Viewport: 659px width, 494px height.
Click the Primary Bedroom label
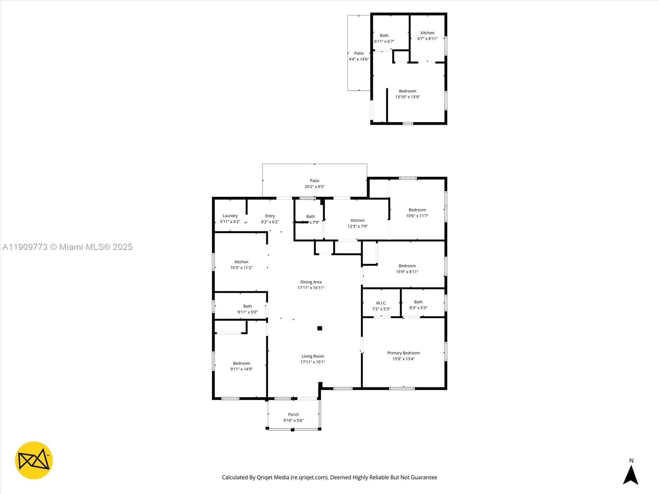(403, 353)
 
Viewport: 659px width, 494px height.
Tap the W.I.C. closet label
(381, 303)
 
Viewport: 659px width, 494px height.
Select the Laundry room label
(230, 216)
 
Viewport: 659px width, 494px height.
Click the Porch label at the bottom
(293, 415)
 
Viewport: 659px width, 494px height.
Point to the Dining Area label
(311, 282)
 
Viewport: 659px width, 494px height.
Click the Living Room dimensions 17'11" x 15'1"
(313, 362)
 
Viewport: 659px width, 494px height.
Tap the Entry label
(270, 216)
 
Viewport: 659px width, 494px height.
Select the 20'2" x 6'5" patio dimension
(314, 187)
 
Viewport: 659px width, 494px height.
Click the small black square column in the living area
(320, 328)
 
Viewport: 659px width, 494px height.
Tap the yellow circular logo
(34, 460)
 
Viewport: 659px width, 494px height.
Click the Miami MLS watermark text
(67, 247)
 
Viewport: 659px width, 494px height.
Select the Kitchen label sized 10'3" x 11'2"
(241, 262)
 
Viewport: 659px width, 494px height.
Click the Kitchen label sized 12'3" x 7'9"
(358, 220)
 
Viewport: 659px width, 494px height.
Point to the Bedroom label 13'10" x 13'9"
(407, 91)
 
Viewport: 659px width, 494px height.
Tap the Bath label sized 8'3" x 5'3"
(418, 302)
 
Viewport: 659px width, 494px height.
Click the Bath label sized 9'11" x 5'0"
(247, 306)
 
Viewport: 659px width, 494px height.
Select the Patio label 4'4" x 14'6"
(359, 53)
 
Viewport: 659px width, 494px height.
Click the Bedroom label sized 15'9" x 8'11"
(407, 266)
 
